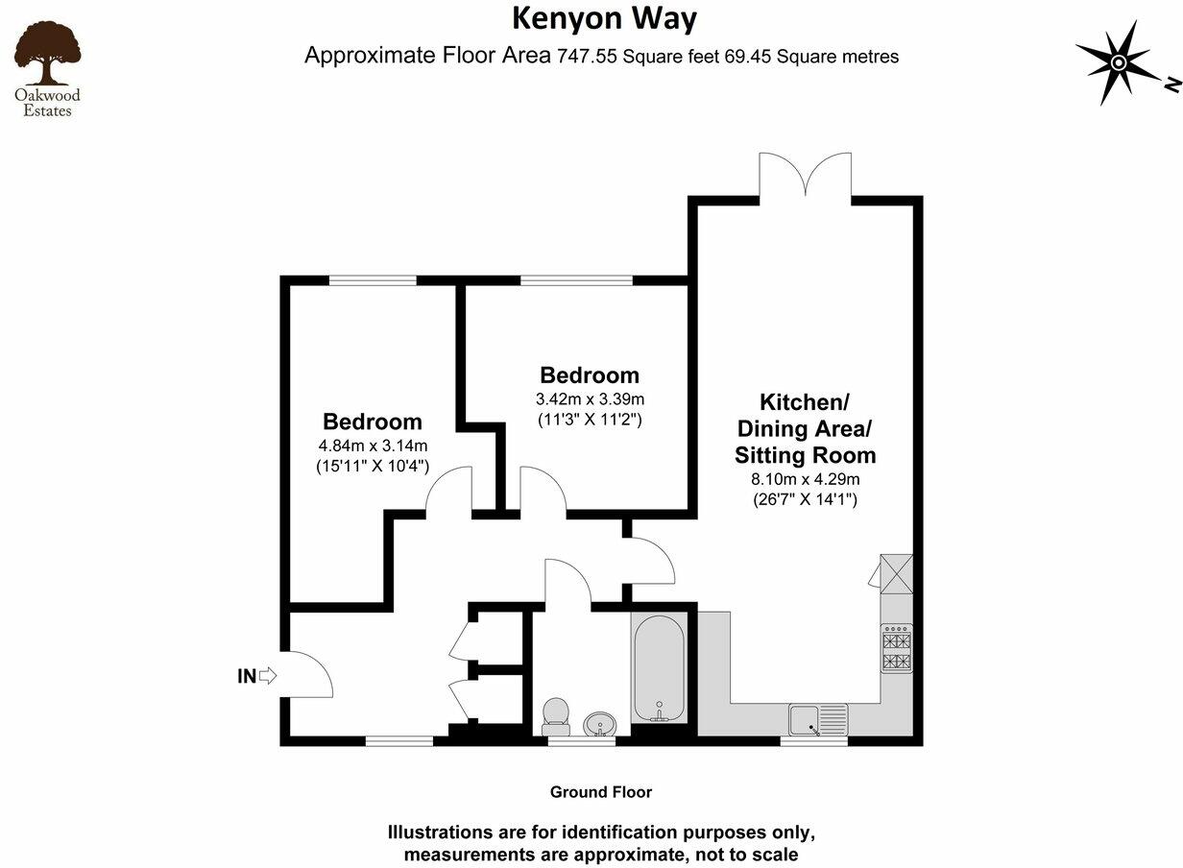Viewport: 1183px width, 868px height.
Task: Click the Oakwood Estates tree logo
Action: pos(46,58)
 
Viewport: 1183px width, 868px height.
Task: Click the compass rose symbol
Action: pos(1118,62)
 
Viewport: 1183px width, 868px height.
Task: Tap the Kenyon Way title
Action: pos(604,18)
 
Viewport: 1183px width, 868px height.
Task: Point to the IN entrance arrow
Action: pos(268,676)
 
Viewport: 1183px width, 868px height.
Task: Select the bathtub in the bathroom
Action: pos(659,668)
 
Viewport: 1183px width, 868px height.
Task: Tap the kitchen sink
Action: pos(818,717)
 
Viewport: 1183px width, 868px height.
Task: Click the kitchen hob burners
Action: pos(897,650)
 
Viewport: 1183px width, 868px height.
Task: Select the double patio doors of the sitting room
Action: pos(805,179)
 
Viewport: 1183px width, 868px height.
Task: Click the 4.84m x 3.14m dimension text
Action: pos(373,446)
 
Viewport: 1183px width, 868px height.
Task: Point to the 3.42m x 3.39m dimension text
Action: pos(590,399)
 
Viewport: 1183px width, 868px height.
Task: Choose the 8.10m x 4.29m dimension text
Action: pos(805,479)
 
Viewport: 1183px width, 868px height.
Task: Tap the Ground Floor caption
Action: pos(601,792)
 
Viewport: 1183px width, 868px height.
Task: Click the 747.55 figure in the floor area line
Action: pos(588,57)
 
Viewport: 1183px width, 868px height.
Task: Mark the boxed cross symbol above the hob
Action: pos(897,573)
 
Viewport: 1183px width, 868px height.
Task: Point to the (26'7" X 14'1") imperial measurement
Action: pos(805,499)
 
